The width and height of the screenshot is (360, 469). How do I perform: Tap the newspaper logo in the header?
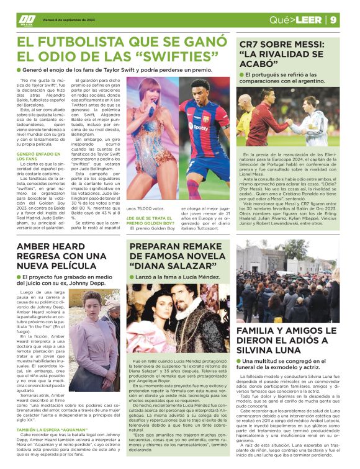pos(27,18)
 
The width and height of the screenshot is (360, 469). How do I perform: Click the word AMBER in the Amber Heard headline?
pos(39,247)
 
